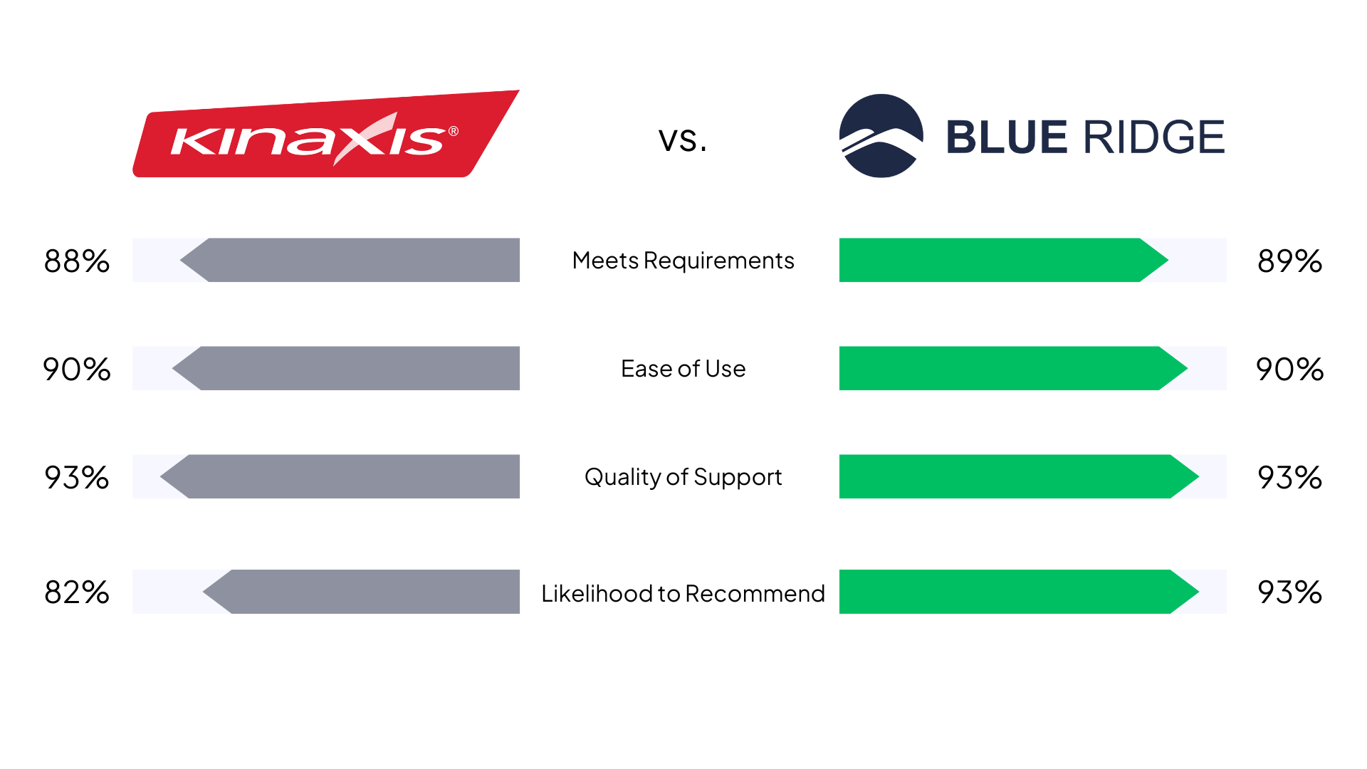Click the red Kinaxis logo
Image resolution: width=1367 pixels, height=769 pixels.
[326, 134]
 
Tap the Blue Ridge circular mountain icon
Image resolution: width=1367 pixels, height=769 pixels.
[881, 136]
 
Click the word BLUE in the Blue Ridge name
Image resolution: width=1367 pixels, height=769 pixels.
[1007, 137]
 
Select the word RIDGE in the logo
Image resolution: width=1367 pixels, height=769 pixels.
[1154, 137]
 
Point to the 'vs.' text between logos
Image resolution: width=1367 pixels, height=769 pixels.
[683, 139]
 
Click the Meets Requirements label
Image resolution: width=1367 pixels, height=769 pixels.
[683, 261]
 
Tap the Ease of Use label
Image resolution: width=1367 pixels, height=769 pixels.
[683, 369]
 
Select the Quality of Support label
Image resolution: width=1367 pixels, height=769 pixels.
[683, 477]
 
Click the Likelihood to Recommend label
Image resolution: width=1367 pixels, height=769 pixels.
[683, 593]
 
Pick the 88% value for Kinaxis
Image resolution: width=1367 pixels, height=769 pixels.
[77, 261]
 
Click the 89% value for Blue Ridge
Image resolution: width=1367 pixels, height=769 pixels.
[1289, 261]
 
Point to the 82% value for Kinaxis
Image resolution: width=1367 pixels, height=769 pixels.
[77, 592]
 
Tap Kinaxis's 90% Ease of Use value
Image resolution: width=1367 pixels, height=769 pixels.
[77, 370]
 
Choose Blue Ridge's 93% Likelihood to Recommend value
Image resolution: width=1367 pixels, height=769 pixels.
[1289, 592]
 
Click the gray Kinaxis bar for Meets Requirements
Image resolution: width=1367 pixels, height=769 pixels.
[350, 260]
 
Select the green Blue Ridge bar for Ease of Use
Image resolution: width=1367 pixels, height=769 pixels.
[1013, 368]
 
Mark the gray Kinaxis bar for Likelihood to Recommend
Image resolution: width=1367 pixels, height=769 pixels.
[361, 592]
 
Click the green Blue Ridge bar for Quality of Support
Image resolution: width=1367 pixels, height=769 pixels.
[1019, 476]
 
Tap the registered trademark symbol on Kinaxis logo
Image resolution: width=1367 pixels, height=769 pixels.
[454, 131]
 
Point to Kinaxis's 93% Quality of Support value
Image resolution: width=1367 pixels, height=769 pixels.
[77, 478]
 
